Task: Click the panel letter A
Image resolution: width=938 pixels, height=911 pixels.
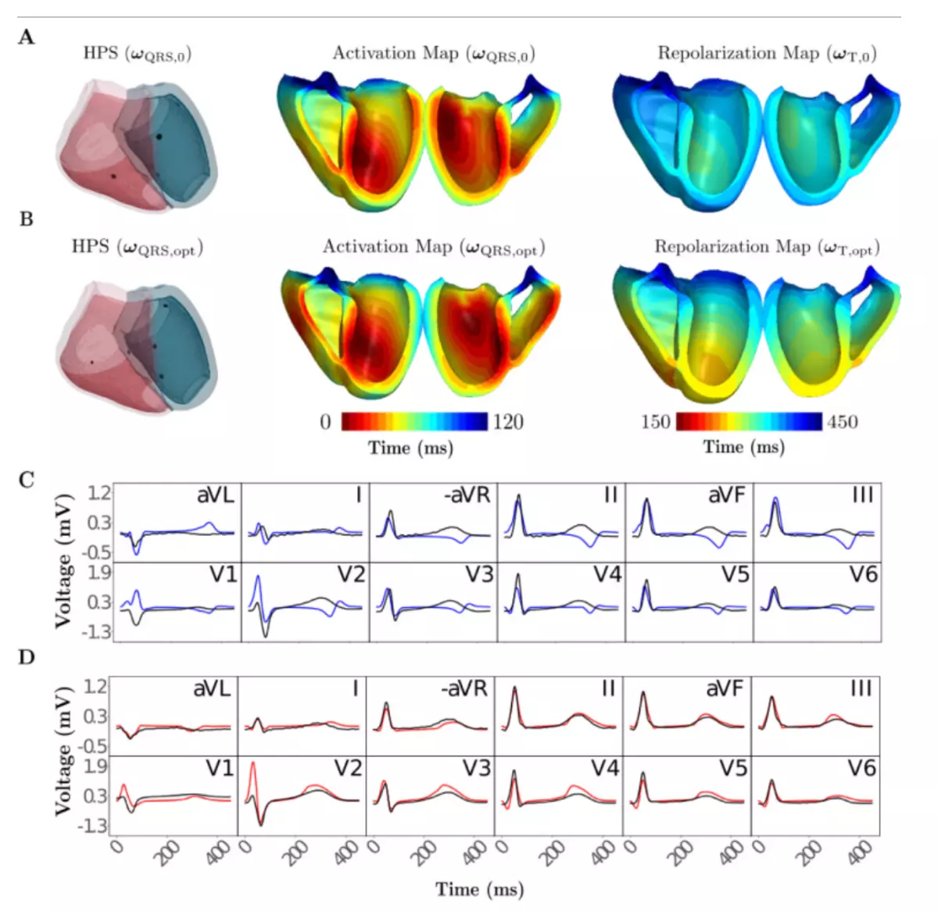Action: point(27,38)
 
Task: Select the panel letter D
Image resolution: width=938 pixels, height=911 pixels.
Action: point(27,657)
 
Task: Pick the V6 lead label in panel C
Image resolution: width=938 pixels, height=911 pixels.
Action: point(863,575)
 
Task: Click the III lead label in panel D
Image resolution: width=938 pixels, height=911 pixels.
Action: point(862,688)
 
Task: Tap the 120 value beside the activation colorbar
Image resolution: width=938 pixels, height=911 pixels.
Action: point(507,423)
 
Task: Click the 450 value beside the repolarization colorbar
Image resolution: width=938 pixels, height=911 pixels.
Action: point(842,423)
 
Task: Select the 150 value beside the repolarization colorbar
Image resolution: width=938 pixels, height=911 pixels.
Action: point(655,423)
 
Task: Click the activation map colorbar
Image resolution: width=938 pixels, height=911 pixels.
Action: point(414,422)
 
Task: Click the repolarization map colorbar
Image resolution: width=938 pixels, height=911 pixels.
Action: point(749,422)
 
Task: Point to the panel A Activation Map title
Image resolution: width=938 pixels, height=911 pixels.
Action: point(434,54)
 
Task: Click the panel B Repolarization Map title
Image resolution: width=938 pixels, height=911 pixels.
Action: point(767,248)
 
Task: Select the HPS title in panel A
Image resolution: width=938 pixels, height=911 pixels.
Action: point(138,54)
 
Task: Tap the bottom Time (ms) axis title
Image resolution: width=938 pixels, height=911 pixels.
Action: point(479,889)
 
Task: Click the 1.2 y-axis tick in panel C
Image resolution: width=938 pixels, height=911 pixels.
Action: point(99,493)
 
